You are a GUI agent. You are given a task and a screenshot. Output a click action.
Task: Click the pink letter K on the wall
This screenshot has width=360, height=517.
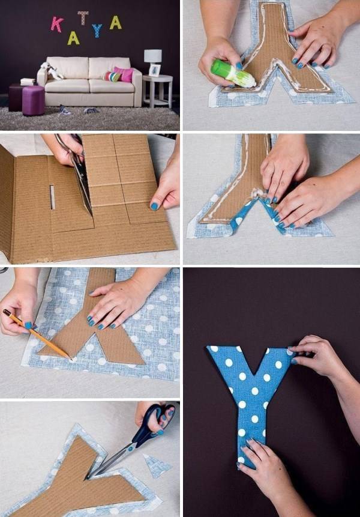(x=57, y=25)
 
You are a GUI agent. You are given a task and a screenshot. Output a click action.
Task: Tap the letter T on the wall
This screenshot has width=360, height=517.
(x=83, y=17)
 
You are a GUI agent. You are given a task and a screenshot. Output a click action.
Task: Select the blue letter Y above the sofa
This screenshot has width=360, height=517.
(x=97, y=31)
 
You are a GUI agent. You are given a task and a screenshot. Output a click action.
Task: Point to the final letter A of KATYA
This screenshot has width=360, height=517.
(x=116, y=22)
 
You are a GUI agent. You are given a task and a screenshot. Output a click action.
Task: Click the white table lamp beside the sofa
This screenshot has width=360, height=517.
(x=153, y=56)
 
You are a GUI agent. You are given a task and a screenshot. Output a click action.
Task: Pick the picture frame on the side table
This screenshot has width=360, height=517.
(x=154, y=70)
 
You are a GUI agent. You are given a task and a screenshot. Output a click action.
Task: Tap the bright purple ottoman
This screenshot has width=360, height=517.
(x=33, y=100)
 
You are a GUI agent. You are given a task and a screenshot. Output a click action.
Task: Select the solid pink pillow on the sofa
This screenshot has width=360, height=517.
(x=124, y=74)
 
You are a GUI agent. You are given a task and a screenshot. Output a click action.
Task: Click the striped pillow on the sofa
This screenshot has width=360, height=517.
(x=112, y=76)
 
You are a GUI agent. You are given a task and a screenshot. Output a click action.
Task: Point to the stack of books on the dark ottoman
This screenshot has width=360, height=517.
(x=28, y=82)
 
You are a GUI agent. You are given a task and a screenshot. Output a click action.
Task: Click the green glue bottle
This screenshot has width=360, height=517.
(x=233, y=73)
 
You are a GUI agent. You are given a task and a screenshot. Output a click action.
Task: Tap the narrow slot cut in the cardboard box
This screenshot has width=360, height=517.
(x=52, y=197)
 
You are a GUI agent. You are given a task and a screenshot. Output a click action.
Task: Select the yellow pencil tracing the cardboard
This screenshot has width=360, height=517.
(x=37, y=334)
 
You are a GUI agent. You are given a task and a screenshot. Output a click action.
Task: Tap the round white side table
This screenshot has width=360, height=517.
(x=158, y=91)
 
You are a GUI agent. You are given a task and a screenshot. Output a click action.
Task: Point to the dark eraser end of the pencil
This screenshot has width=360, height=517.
(x=7, y=313)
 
